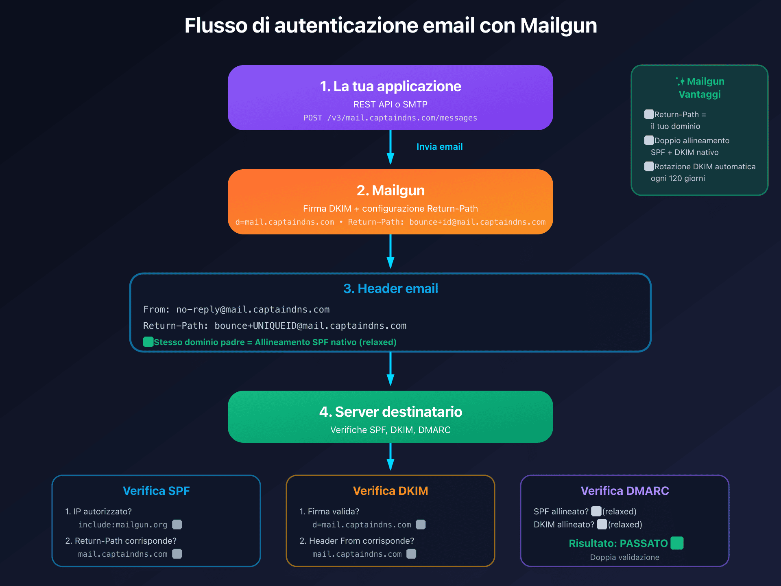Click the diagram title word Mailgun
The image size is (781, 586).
(558, 26)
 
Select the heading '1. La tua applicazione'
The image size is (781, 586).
(390, 86)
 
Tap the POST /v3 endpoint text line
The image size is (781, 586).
(390, 118)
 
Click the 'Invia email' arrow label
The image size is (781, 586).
(439, 146)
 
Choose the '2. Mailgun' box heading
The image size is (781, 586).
(390, 190)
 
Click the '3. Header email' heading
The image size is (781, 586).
(390, 289)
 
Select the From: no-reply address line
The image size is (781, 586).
(236, 310)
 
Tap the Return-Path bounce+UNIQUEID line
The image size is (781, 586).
(275, 326)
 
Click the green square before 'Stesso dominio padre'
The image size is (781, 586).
(148, 342)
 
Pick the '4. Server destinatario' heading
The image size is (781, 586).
(390, 412)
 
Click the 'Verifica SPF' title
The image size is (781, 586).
(156, 491)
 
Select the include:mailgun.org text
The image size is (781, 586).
(123, 525)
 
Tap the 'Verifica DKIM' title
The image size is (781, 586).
(390, 491)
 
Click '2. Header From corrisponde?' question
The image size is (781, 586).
(357, 541)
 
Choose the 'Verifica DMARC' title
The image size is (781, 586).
(625, 491)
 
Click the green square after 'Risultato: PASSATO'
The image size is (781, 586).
(677, 543)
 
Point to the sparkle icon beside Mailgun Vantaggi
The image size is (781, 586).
(681, 81)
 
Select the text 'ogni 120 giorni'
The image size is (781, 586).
(678, 178)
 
